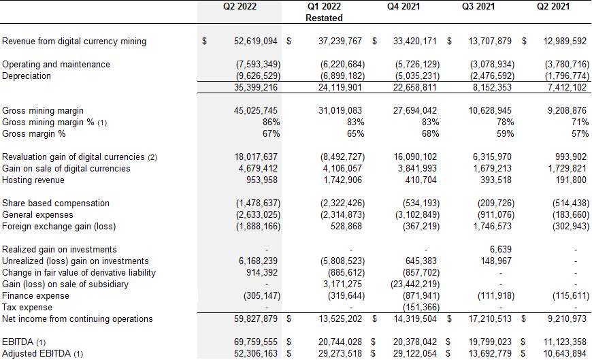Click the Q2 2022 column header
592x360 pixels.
click(x=240, y=6)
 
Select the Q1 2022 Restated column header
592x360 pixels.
click(x=324, y=12)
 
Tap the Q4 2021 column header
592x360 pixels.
click(x=404, y=6)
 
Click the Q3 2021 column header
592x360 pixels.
click(x=478, y=6)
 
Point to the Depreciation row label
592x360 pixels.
click(x=27, y=76)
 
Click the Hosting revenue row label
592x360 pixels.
click(x=33, y=180)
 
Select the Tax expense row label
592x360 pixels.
click(x=27, y=308)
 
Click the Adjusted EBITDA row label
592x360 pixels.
click(x=42, y=354)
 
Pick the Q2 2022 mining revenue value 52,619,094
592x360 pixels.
click(x=256, y=42)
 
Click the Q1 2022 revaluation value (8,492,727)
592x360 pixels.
click(x=342, y=157)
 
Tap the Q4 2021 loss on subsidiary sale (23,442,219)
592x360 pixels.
click(x=415, y=284)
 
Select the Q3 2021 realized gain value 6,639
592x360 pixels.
click(x=501, y=249)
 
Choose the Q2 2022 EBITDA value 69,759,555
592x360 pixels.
click(x=256, y=342)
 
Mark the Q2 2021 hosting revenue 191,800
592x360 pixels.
click(x=571, y=180)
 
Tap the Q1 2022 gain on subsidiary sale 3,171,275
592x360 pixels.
click(x=342, y=284)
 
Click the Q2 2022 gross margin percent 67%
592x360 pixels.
click(x=271, y=134)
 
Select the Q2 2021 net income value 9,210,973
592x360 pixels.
click(x=567, y=318)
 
